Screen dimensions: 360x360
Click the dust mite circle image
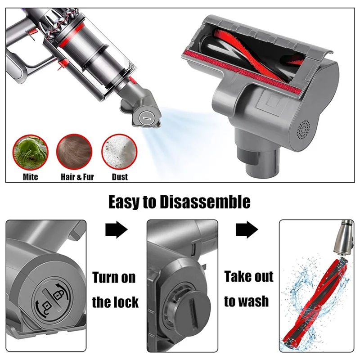[x=31, y=153]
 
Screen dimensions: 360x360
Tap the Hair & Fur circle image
[x=74, y=153]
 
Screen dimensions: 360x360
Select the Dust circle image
[x=119, y=153]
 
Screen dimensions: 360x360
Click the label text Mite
[x=31, y=177]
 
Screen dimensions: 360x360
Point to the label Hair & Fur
[x=77, y=177]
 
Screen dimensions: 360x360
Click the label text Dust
[x=120, y=177]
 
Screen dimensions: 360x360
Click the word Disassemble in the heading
[x=204, y=202]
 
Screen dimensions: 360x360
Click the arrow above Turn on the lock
[x=116, y=230]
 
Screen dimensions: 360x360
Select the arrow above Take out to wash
[x=247, y=230]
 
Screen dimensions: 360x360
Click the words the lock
[x=115, y=301]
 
